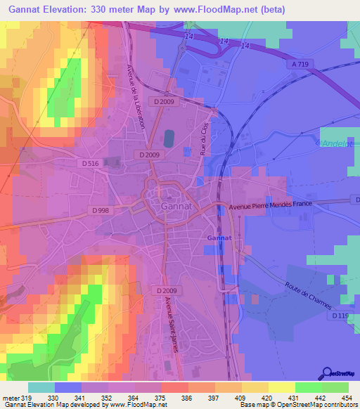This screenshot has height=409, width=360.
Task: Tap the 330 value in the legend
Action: (52, 398)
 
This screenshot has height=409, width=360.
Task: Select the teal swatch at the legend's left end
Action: (41, 387)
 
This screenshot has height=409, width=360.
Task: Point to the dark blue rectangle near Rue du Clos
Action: (169, 138)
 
